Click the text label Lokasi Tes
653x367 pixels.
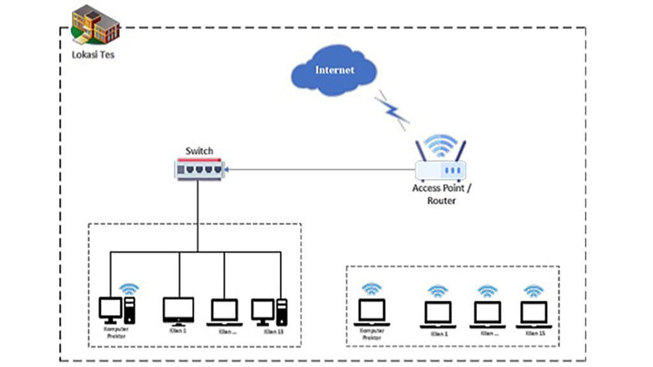pyautogui.click(x=93, y=55)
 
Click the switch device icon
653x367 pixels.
pyautogui.click(x=199, y=169)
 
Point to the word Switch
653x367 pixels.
pyautogui.click(x=199, y=151)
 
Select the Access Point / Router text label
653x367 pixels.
pyautogui.click(x=441, y=194)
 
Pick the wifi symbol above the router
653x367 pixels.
pyautogui.click(x=440, y=145)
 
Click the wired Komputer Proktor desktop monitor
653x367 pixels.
pyautogui.click(x=110, y=309)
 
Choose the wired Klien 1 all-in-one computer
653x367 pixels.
pyautogui.click(x=179, y=310)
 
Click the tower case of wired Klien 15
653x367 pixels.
pyautogui.click(x=281, y=312)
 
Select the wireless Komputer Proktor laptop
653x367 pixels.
pyautogui.click(x=372, y=312)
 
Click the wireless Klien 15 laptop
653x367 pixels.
pyautogui.click(x=534, y=313)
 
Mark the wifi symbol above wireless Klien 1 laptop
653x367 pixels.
pyautogui.click(x=438, y=291)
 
